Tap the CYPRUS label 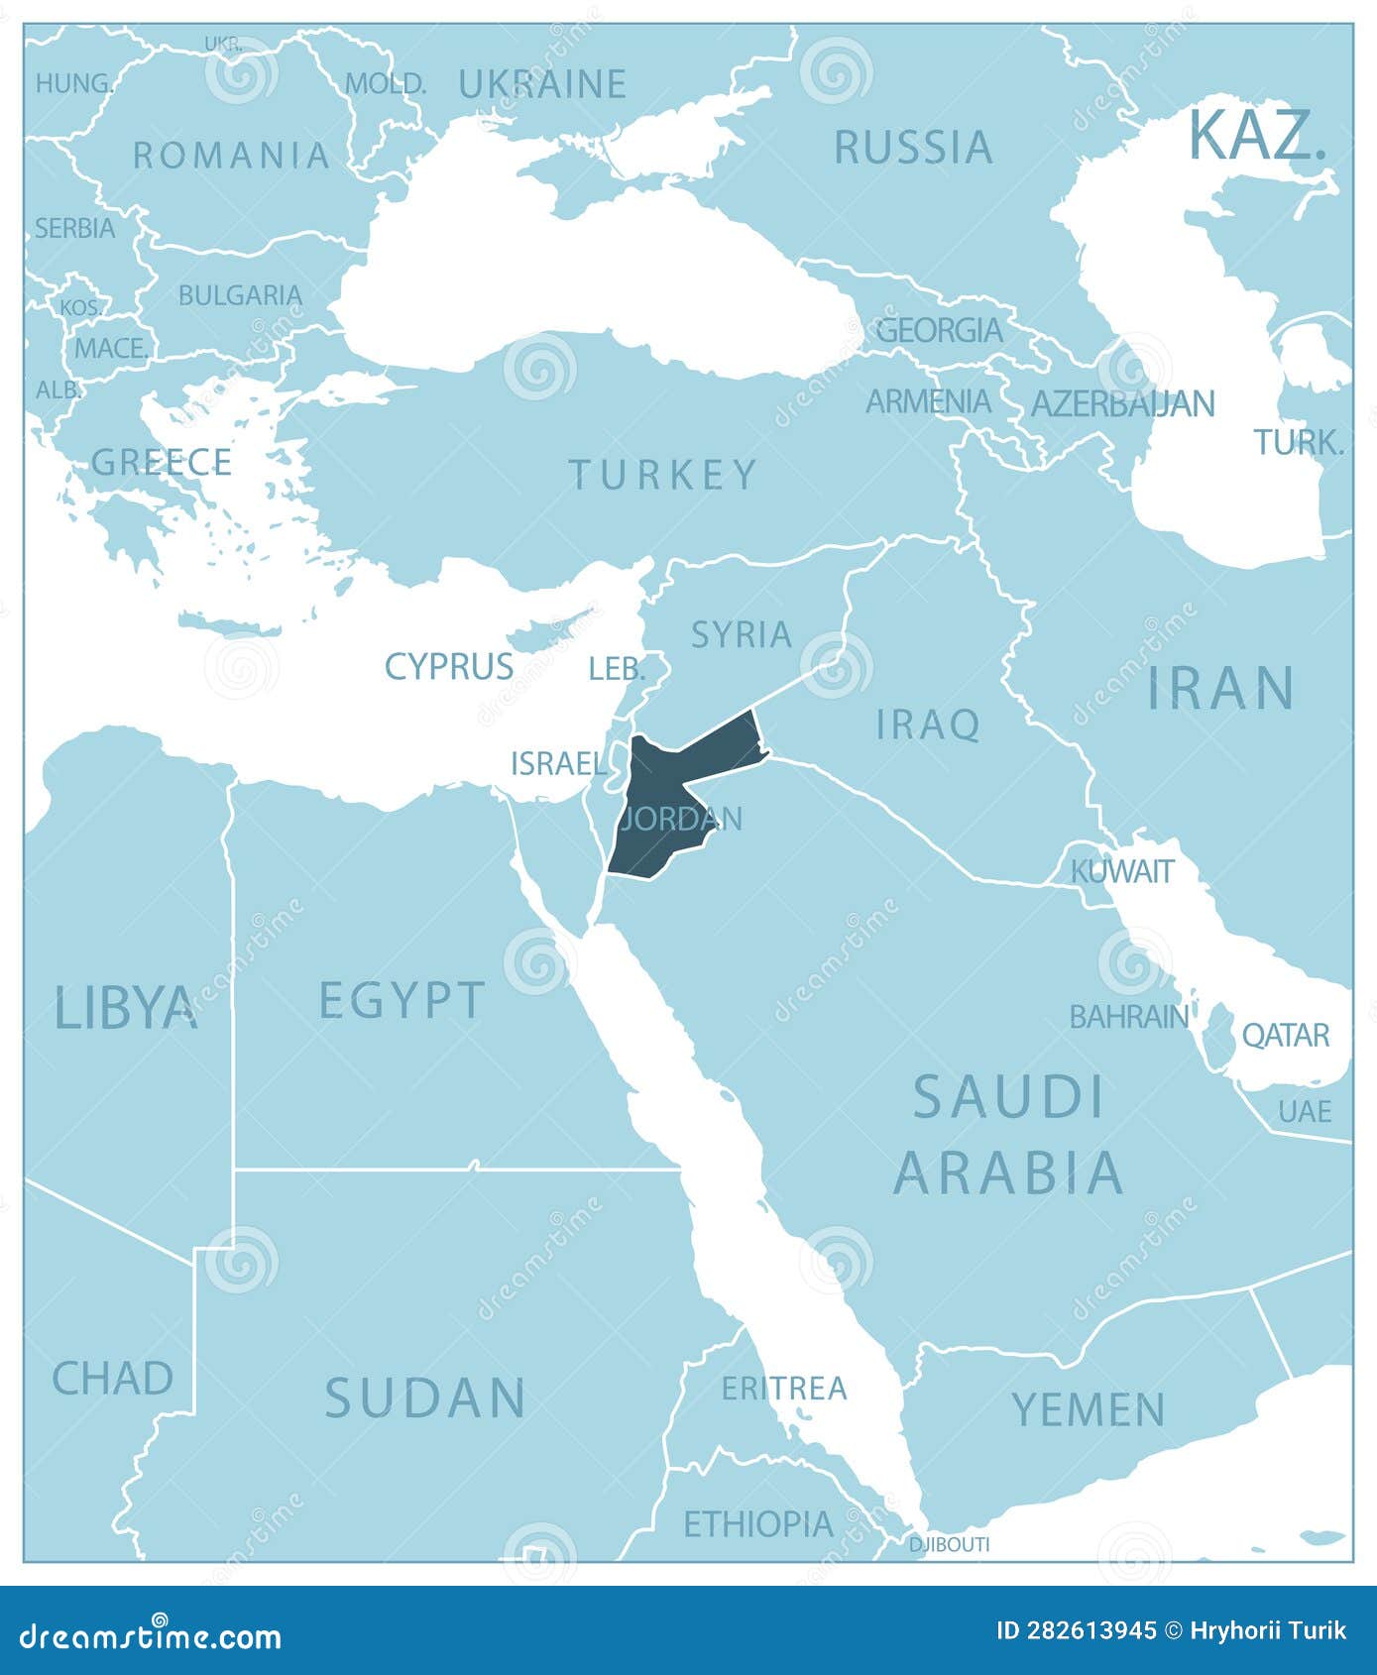tap(449, 666)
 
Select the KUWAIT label tap(1122, 871)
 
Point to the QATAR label tap(1285, 1035)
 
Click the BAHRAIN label tap(1128, 1016)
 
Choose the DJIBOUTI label tap(950, 1544)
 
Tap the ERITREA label tap(784, 1388)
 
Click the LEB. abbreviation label tap(617, 669)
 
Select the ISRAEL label tap(558, 763)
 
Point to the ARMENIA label tap(928, 401)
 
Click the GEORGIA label tap(939, 329)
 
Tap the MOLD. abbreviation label tap(386, 83)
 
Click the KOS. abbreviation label tap(81, 307)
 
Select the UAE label tap(1305, 1111)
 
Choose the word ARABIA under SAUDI tap(1008, 1172)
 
